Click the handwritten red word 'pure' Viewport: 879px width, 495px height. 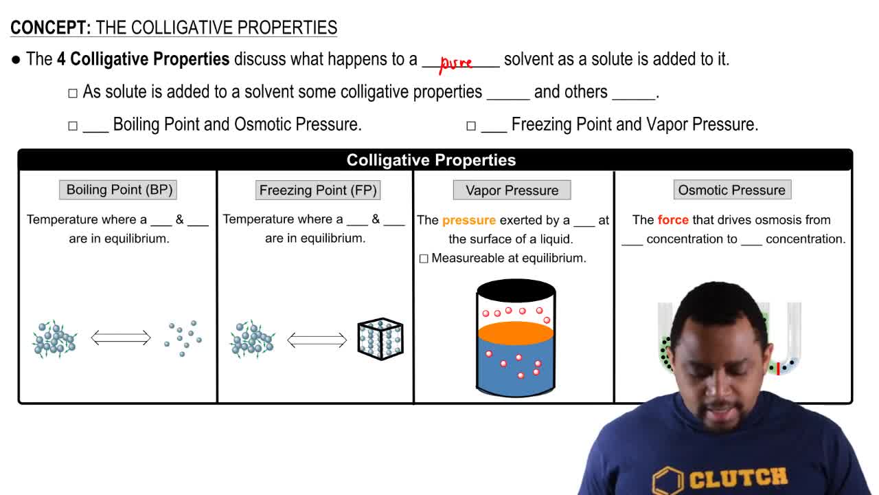coord(456,64)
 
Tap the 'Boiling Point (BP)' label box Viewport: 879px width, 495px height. coord(119,190)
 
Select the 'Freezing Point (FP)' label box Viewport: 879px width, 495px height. coord(318,190)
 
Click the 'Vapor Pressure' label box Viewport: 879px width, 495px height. coord(512,190)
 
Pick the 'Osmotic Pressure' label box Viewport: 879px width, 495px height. coord(731,190)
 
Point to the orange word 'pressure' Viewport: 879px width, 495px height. coord(469,220)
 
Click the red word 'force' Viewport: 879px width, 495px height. coord(673,220)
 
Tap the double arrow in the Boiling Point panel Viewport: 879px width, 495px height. coord(121,338)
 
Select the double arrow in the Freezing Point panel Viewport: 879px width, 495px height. coord(317,339)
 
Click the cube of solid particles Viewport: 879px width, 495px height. coord(380,339)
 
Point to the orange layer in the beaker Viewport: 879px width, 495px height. coord(515,333)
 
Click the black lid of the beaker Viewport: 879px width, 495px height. coord(516,290)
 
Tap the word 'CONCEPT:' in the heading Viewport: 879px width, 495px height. coord(51,27)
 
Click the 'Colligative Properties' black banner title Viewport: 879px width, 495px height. coord(431,160)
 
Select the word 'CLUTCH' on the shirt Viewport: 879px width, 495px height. coord(738,478)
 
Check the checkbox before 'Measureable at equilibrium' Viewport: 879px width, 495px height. coord(424,258)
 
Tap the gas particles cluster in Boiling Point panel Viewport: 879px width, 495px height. coord(183,338)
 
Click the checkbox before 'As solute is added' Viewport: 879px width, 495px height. coord(73,93)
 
